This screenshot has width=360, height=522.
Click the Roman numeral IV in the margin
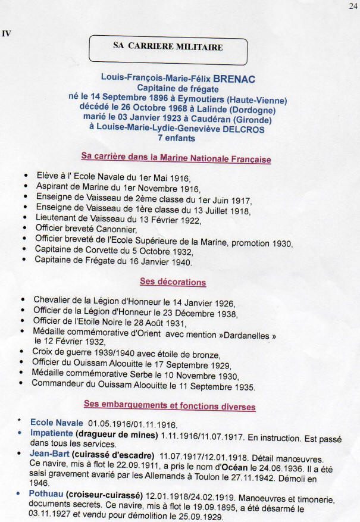[x=7, y=33]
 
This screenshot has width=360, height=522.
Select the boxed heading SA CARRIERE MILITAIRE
[x=168, y=47]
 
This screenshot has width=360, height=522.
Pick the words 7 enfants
[x=177, y=139]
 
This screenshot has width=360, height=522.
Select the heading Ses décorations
[x=173, y=282]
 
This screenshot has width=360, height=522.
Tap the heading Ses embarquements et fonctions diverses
[x=170, y=406]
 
